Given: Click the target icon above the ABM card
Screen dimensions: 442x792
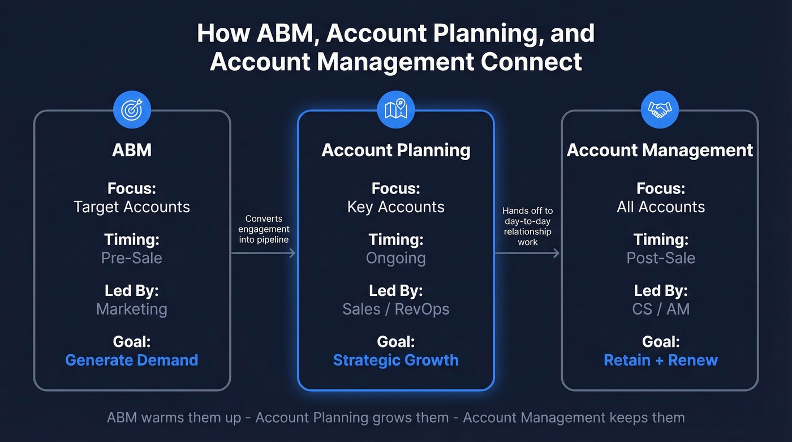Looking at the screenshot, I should [x=132, y=109].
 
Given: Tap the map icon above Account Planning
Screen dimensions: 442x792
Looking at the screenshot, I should [x=396, y=109].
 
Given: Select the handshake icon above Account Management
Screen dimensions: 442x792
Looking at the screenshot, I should [x=660, y=109].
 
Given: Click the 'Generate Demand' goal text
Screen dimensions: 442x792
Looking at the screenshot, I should [x=132, y=360].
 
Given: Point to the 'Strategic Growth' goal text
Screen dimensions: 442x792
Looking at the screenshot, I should [x=396, y=360].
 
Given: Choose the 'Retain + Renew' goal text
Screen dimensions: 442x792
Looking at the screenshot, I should [x=661, y=360].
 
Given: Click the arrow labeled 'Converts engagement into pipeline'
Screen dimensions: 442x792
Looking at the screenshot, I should [x=264, y=253].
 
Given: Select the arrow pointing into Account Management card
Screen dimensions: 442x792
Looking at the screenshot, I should [x=527, y=253].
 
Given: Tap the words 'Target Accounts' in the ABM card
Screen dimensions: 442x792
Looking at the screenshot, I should [x=132, y=207].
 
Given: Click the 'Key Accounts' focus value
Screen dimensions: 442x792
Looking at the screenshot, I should [x=396, y=207].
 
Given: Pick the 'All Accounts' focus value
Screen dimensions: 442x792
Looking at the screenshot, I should [x=661, y=207].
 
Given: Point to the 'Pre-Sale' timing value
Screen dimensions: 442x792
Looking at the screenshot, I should [x=132, y=258].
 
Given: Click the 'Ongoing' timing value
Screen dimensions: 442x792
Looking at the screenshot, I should [x=396, y=258].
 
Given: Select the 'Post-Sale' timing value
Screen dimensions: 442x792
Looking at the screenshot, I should [x=661, y=258].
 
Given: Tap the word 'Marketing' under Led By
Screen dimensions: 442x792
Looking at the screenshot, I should [x=132, y=309].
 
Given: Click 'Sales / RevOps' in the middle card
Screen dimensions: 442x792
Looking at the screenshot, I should [x=396, y=309].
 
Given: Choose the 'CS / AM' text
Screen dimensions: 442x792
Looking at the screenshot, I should [x=661, y=309].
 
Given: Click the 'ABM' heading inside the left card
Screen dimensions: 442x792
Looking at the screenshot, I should [x=132, y=150].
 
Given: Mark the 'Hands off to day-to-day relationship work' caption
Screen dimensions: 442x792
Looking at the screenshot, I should [x=527, y=226].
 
